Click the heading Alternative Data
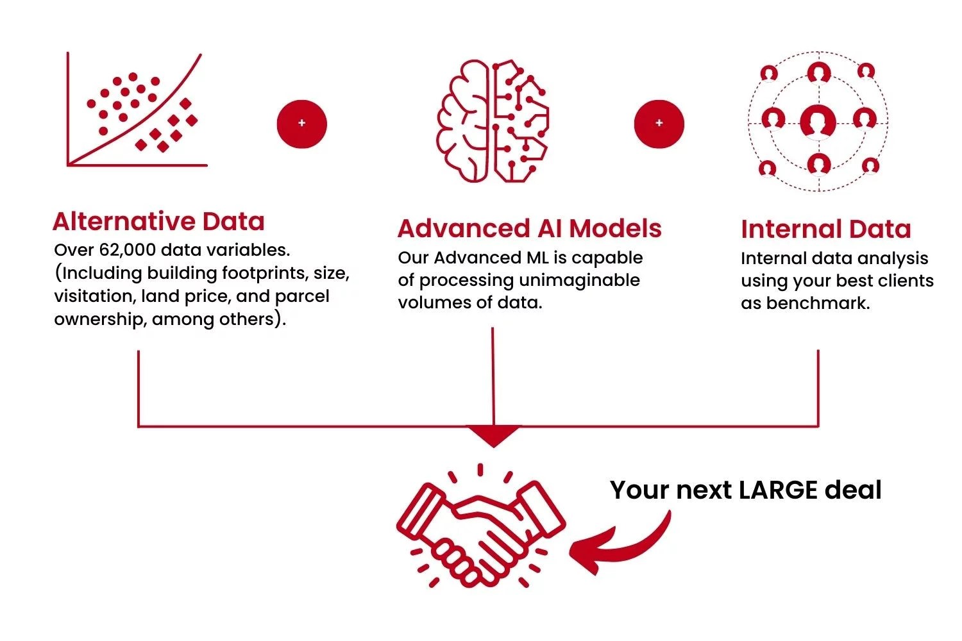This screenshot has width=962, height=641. click(x=158, y=222)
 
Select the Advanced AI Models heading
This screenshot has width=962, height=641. click(x=529, y=229)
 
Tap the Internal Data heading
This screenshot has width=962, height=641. click(x=825, y=229)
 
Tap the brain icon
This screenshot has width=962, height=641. click(x=493, y=121)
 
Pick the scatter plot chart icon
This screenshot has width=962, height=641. click(x=137, y=112)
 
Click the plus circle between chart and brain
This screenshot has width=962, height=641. click(x=302, y=123)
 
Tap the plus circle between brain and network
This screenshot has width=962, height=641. click(x=659, y=123)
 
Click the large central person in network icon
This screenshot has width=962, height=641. click(x=818, y=121)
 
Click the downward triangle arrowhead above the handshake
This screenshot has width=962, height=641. click(x=493, y=435)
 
